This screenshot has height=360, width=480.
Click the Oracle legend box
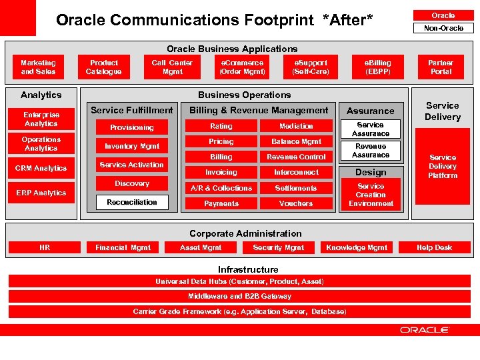click(443, 15)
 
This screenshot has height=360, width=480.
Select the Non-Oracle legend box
click(443, 28)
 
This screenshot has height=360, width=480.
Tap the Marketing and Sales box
click(38, 67)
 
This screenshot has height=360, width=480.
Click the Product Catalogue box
click(104, 67)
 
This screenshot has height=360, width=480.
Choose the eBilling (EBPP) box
click(377, 67)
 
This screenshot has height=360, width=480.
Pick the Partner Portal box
click(441, 67)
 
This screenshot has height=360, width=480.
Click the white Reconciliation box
click(132, 202)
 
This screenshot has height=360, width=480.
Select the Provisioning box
click(132, 127)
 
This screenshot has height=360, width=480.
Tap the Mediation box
click(296, 126)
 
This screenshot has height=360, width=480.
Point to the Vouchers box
click(296, 203)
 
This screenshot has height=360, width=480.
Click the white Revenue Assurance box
click(371, 151)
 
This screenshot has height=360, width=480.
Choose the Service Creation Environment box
click(371, 195)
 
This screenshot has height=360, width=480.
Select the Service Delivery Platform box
click(443, 167)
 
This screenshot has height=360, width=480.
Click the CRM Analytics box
click(41, 168)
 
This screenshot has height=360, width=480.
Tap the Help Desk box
click(434, 247)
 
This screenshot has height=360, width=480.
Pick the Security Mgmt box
click(279, 247)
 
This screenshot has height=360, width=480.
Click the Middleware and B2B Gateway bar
click(239, 296)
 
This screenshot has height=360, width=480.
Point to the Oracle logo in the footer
click(425, 330)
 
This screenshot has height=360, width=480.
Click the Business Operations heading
click(244, 95)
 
